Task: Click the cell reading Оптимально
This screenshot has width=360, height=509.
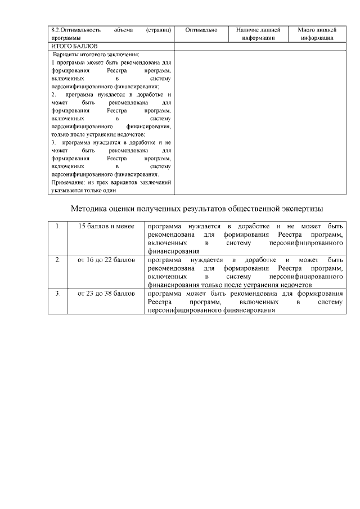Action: tap(201, 29)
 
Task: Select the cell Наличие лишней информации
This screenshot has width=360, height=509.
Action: tap(258, 33)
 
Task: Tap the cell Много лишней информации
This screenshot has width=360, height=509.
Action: tap(317, 33)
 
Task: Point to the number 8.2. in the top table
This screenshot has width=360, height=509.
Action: tap(55, 29)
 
